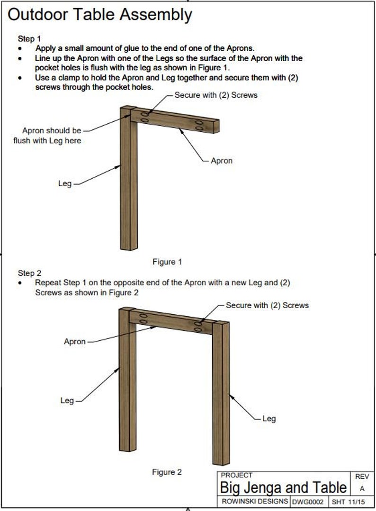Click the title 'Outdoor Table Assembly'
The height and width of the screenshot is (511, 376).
point(100,15)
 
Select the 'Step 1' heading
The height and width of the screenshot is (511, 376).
point(29,38)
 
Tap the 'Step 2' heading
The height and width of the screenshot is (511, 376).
point(29,273)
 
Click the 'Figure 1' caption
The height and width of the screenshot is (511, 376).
point(167,262)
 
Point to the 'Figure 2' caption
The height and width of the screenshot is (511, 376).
point(167,472)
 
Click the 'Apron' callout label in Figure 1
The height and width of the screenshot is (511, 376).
point(222,161)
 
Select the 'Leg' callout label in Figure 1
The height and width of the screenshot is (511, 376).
point(65,183)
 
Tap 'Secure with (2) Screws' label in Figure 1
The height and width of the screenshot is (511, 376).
point(216,95)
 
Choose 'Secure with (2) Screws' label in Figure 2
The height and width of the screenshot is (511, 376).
point(267,305)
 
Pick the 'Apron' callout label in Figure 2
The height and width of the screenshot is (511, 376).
point(75,341)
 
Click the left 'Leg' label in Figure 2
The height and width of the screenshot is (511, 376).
point(67,401)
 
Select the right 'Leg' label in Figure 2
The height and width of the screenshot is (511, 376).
point(269,419)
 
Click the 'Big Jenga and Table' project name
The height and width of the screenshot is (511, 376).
point(283,487)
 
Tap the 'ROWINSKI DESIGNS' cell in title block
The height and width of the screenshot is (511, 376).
point(254,501)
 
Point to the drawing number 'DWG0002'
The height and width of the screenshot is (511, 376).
point(308,501)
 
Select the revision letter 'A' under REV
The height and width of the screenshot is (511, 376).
point(362,488)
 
